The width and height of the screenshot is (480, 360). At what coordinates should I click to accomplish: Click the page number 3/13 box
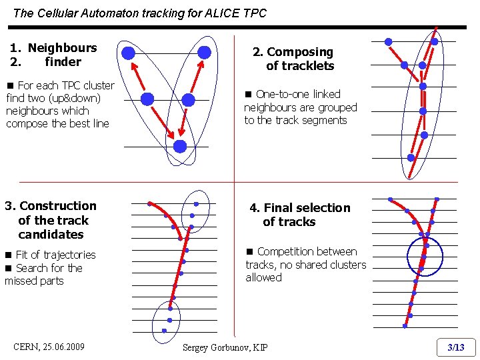(x=456, y=347)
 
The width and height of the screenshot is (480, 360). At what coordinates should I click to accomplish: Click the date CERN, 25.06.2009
(x=49, y=347)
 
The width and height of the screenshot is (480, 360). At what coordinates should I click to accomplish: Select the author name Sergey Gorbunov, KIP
(x=225, y=347)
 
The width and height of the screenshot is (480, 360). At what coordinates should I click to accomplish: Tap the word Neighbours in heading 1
(x=62, y=48)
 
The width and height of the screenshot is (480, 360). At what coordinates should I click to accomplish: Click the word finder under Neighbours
(x=63, y=62)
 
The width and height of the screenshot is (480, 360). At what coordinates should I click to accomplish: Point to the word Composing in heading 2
(x=300, y=52)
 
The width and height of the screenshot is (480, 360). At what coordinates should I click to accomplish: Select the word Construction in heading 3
(x=58, y=206)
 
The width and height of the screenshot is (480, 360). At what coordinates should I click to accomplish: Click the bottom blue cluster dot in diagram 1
(x=180, y=146)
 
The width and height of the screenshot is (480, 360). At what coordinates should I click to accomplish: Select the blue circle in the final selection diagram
(x=424, y=256)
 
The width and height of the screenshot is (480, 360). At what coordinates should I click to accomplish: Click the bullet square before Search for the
(x=9, y=269)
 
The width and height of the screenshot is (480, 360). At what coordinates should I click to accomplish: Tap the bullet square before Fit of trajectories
(x=9, y=255)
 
